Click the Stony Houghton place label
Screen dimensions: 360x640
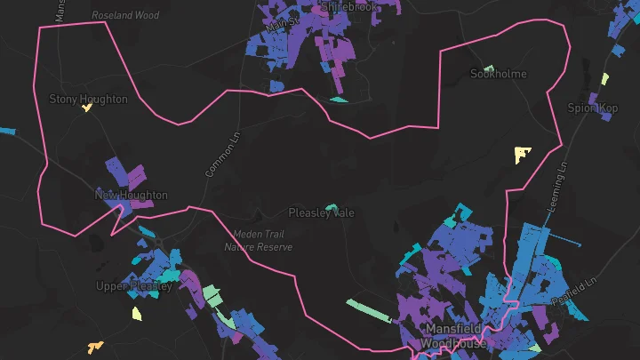(88, 100)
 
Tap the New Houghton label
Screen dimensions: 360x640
(131, 195)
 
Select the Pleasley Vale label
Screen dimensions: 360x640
(321, 213)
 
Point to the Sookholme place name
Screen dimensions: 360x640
(498, 74)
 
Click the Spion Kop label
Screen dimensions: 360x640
(592, 108)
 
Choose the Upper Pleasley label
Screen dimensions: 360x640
(133, 286)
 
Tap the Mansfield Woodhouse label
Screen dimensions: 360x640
(453, 336)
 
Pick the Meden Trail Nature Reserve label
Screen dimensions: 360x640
(258, 241)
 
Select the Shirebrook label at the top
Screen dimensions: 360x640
(349, 6)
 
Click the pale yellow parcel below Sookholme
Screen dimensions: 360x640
(522, 155)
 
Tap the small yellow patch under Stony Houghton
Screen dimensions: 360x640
(86, 108)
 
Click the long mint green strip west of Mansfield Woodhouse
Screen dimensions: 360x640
(368, 311)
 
